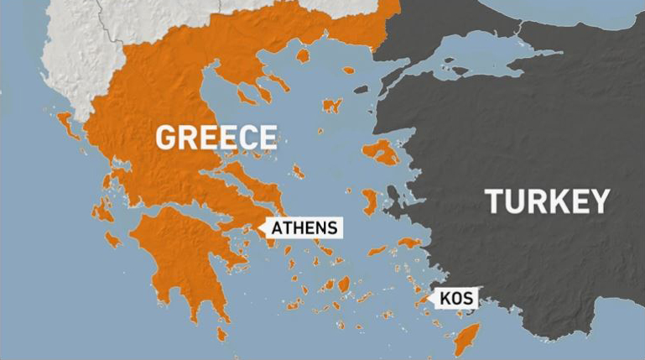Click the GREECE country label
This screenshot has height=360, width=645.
click(x=216, y=137)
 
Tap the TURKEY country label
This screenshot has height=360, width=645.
click(x=546, y=202)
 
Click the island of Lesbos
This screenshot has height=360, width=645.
click(x=382, y=152)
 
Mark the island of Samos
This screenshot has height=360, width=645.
click(x=410, y=243)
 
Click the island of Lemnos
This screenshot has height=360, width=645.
click(x=333, y=106)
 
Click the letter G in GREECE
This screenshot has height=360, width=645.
click(x=167, y=137)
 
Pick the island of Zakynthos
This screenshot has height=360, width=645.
click(x=112, y=238)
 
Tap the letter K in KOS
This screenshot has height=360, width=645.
click(x=445, y=298)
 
